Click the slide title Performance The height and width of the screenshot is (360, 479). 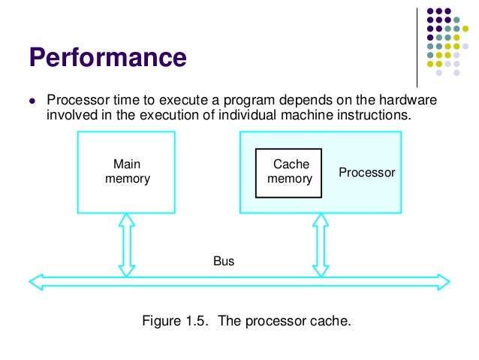coord(107,57)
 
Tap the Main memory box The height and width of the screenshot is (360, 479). coord(126,171)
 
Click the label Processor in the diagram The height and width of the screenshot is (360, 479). coord(366,172)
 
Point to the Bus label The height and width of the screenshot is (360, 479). coord(224,262)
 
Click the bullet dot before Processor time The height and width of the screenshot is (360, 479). coord(32,101)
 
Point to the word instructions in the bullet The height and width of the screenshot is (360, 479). coord(377,115)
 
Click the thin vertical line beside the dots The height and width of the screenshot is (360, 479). coord(417,45)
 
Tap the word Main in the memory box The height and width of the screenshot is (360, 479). coord(127,164)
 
